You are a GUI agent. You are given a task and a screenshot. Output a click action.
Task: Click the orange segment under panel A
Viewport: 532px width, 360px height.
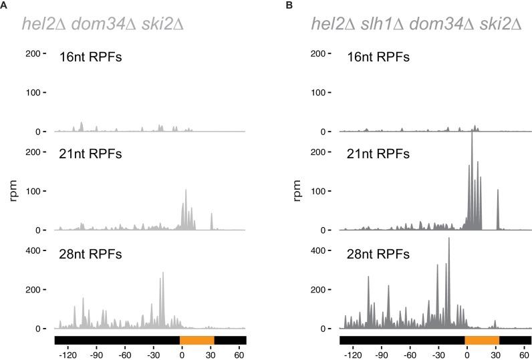tap(197, 340)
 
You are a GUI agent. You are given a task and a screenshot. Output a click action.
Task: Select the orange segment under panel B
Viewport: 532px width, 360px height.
tap(482, 340)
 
